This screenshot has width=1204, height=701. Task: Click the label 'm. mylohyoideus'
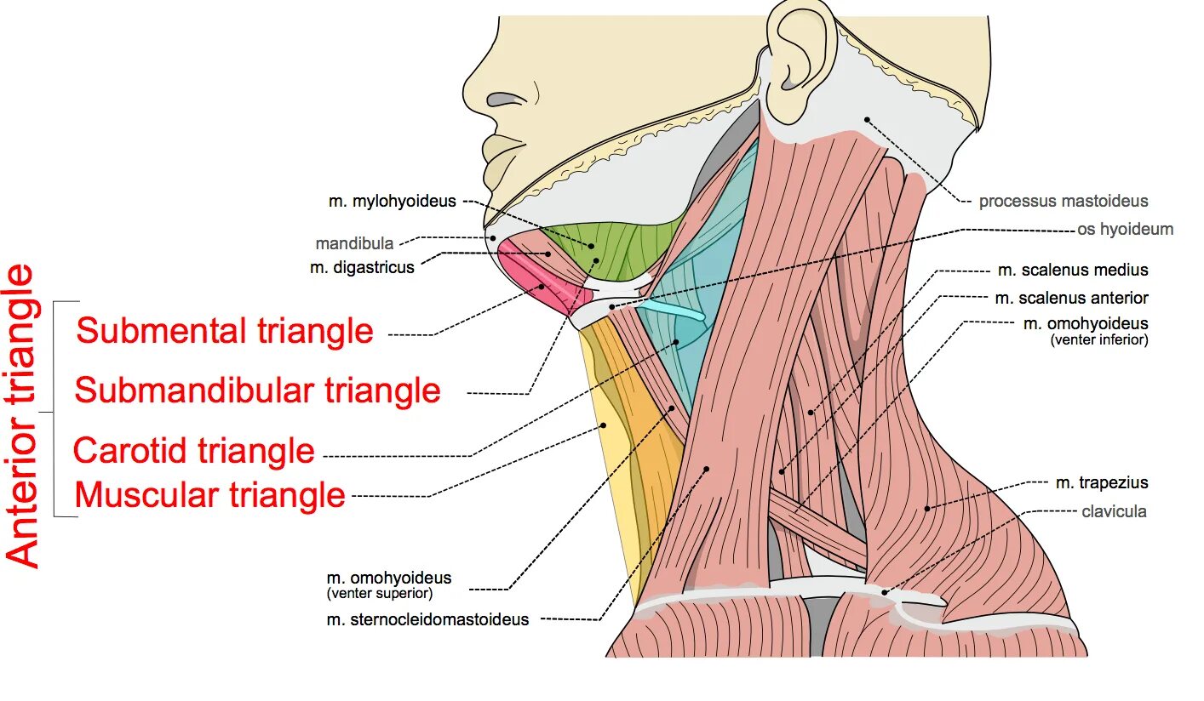click(392, 202)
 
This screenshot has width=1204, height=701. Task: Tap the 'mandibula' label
click(354, 243)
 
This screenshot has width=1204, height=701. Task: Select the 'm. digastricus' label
click(362, 267)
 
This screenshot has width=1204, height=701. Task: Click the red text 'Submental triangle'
click(225, 331)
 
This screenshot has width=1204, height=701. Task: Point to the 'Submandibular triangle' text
click(257, 390)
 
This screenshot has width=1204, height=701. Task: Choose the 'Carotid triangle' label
click(194, 450)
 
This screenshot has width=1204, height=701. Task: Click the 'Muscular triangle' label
click(210, 494)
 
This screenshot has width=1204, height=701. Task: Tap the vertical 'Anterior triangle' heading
click(23, 415)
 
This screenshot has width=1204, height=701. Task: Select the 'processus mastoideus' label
click(1063, 202)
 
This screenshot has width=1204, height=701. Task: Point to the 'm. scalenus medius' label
click(1073, 270)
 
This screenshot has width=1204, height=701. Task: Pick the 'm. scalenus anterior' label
click(1071, 298)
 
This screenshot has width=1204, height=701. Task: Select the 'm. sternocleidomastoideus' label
click(427, 619)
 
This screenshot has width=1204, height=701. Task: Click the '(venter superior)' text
click(379, 593)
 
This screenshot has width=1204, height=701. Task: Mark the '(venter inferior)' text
click(1098, 339)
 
